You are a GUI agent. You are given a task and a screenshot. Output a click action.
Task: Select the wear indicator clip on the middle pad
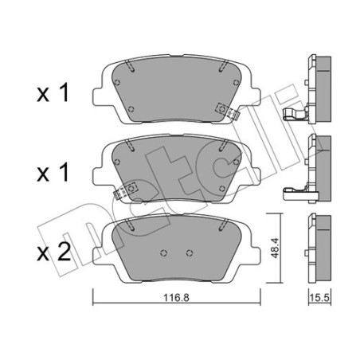[126, 191]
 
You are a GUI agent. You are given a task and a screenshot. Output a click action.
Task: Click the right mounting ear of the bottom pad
[253, 253]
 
